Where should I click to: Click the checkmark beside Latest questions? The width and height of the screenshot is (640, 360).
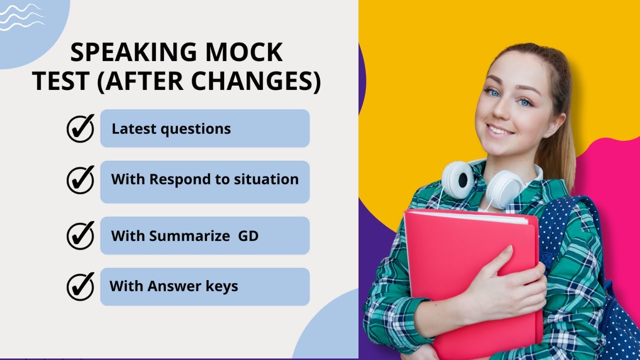click(x=80, y=128)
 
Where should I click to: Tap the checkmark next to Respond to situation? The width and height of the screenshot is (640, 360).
click(x=80, y=179)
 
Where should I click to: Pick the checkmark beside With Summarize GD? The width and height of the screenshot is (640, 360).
click(x=80, y=235)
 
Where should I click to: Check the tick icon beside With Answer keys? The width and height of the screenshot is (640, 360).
click(x=80, y=286)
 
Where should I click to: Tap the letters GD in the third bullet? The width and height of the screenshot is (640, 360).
click(x=248, y=235)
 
